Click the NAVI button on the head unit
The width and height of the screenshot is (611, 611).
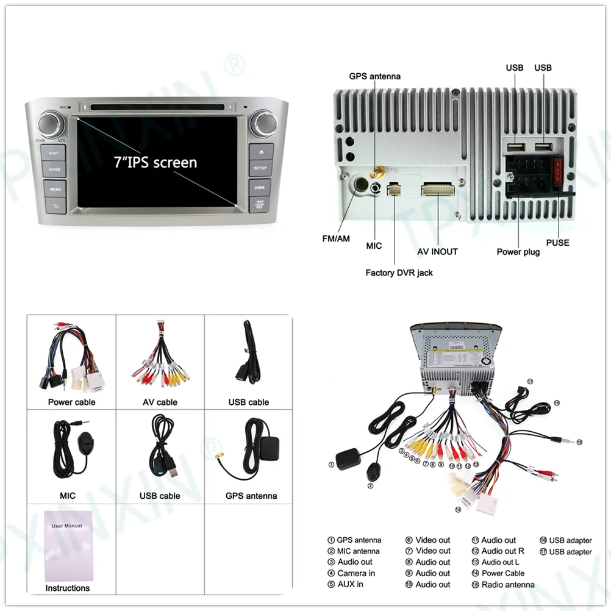click(54, 152)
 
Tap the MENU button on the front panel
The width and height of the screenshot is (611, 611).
click(55, 189)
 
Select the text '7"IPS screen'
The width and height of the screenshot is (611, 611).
click(155, 162)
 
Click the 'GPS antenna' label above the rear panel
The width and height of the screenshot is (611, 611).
click(374, 76)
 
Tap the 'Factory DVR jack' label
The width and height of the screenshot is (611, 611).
click(399, 273)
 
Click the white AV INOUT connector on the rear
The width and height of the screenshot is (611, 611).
click(437, 190)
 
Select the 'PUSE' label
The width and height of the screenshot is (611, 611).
click(557, 243)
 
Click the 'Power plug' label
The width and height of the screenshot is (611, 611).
click(518, 251)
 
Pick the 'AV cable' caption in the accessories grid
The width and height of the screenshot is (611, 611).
click(160, 402)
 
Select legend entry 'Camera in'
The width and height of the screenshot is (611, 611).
click(356, 573)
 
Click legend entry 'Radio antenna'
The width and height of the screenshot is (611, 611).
click(507, 584)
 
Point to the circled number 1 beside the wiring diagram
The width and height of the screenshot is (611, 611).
click(331, 464)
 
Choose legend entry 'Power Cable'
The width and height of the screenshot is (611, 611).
click(502, 573)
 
